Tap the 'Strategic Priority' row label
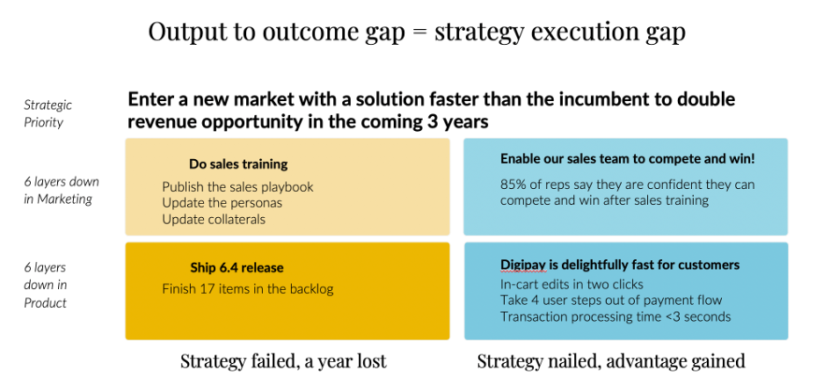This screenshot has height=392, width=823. [47, 113]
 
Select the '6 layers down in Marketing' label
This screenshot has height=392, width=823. [61, 190]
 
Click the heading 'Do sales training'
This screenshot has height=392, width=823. [237, 163]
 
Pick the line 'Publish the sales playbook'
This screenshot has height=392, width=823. [237, 186]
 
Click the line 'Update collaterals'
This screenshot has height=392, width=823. [214, 219]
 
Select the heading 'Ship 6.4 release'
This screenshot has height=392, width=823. [237, 267]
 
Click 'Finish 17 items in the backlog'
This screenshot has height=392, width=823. [248, 288]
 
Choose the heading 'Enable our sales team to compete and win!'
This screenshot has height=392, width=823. [627, 159]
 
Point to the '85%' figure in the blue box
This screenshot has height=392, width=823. [513, 185]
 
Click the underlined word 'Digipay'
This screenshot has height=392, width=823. [524, 265]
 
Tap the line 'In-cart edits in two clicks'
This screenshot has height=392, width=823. [572, 284]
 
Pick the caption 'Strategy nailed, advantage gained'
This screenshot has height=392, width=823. [610, 361]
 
